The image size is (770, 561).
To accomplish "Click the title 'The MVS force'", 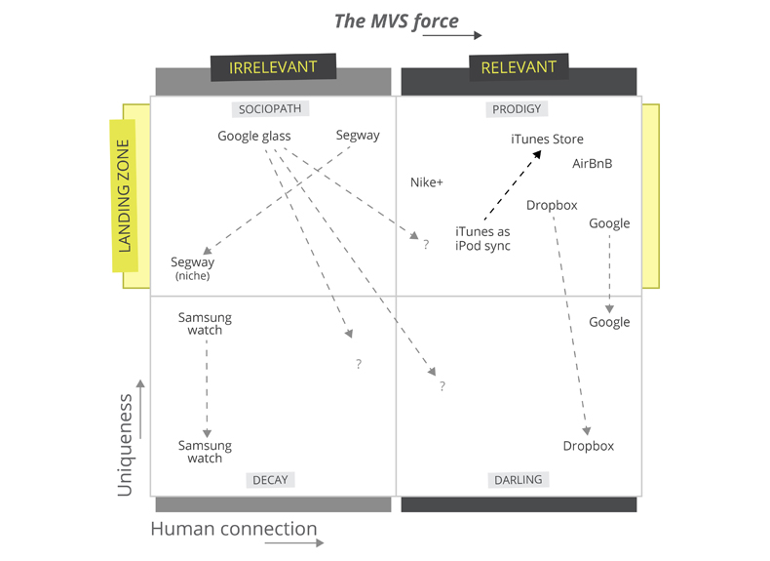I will click(396, 21).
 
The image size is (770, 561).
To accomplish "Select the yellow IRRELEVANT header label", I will click(273, 67).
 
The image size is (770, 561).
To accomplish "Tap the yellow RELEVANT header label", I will click(519, 67).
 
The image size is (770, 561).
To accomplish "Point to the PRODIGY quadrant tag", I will click(517, 109).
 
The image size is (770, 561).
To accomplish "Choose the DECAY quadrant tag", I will click(270, 479).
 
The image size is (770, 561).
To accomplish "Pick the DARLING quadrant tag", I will click(519, 479).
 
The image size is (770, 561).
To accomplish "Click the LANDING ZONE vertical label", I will click(124, 196).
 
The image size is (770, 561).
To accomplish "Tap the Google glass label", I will click(254, 136).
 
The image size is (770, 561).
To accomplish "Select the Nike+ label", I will click(427, 182).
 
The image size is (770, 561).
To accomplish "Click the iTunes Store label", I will click(547, 140).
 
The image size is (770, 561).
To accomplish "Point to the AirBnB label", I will click(593, 163).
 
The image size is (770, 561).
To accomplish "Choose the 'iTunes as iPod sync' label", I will click(482, 238).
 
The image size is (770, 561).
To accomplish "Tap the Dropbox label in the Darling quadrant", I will click(589, 446).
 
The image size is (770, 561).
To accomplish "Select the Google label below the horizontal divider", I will click(609, 322).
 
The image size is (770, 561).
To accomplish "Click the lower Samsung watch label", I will click(205, 452).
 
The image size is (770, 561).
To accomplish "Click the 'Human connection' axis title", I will click(234, 530).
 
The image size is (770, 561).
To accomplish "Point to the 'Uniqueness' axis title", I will click(125, 445).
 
